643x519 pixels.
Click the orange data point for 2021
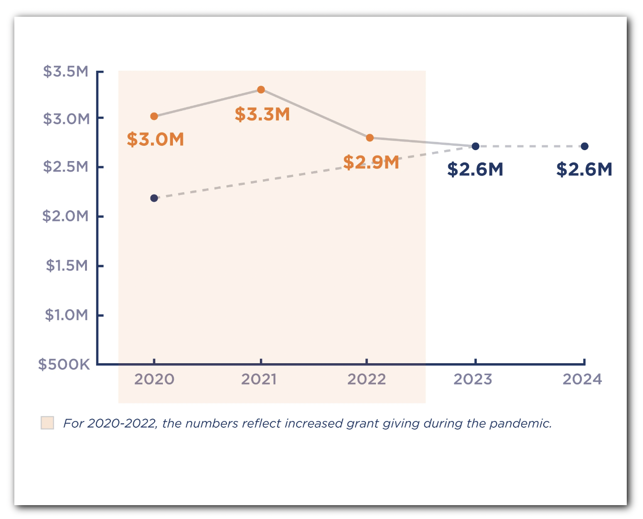261,90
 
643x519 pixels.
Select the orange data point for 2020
154,116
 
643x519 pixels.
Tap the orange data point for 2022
369,138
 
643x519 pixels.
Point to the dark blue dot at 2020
154,198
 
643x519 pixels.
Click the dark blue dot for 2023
475,146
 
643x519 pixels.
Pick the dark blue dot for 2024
584,146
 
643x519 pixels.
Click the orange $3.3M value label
262,115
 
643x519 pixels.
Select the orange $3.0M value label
155,140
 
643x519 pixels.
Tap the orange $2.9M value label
371,162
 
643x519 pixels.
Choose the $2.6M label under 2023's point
475,170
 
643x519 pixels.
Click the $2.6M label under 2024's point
584,170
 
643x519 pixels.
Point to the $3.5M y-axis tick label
66,72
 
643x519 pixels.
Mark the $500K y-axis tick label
64,365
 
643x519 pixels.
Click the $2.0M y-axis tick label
66,216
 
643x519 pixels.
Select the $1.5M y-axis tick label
67,266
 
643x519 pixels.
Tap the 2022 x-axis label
366,379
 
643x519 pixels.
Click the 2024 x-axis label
582,379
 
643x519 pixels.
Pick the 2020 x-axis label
154,379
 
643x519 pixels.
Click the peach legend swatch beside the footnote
47,423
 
